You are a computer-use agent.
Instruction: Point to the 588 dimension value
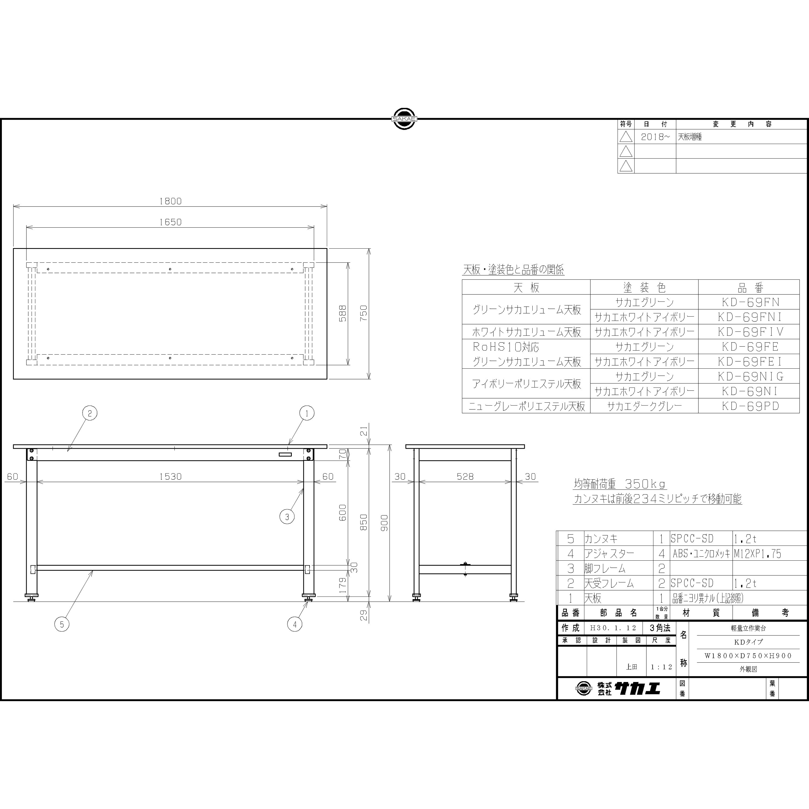pos(342,313)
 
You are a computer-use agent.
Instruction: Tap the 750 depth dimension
pos(364,313)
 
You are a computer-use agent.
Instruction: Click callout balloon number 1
pos(307,414)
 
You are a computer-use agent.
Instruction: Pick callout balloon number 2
pos(90,414)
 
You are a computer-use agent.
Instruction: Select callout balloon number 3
pos(287,517)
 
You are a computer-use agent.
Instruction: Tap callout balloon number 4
pos(295,624)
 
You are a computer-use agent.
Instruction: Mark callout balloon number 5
pos(62,624)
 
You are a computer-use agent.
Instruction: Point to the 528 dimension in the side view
pos(465,477)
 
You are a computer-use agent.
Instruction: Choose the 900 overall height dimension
pos(384,523)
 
